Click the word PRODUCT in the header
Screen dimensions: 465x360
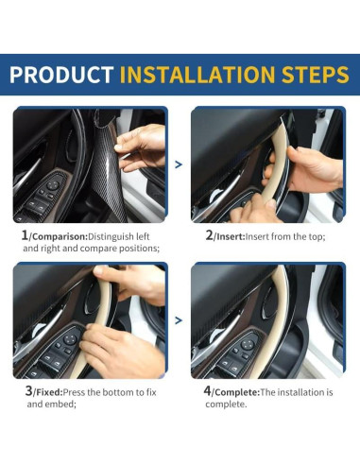(x=61, y=75)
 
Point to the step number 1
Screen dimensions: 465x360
(x=24, y=234)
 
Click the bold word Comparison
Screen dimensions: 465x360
(x=60, y=235)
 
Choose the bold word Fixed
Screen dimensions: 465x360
(x=49, y=390)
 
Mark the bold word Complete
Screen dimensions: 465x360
(x=235, y=390)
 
